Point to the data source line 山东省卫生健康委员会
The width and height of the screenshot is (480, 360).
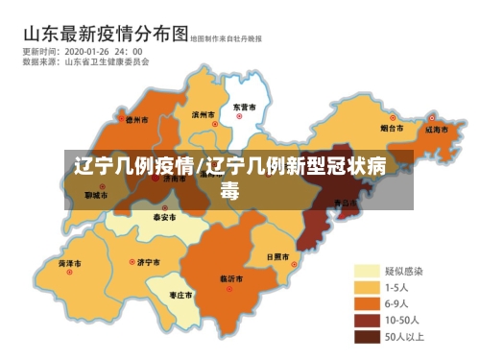pos(107,61)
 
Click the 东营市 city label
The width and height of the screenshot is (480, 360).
pos(245,108)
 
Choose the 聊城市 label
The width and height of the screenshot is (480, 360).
pos(95,195)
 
